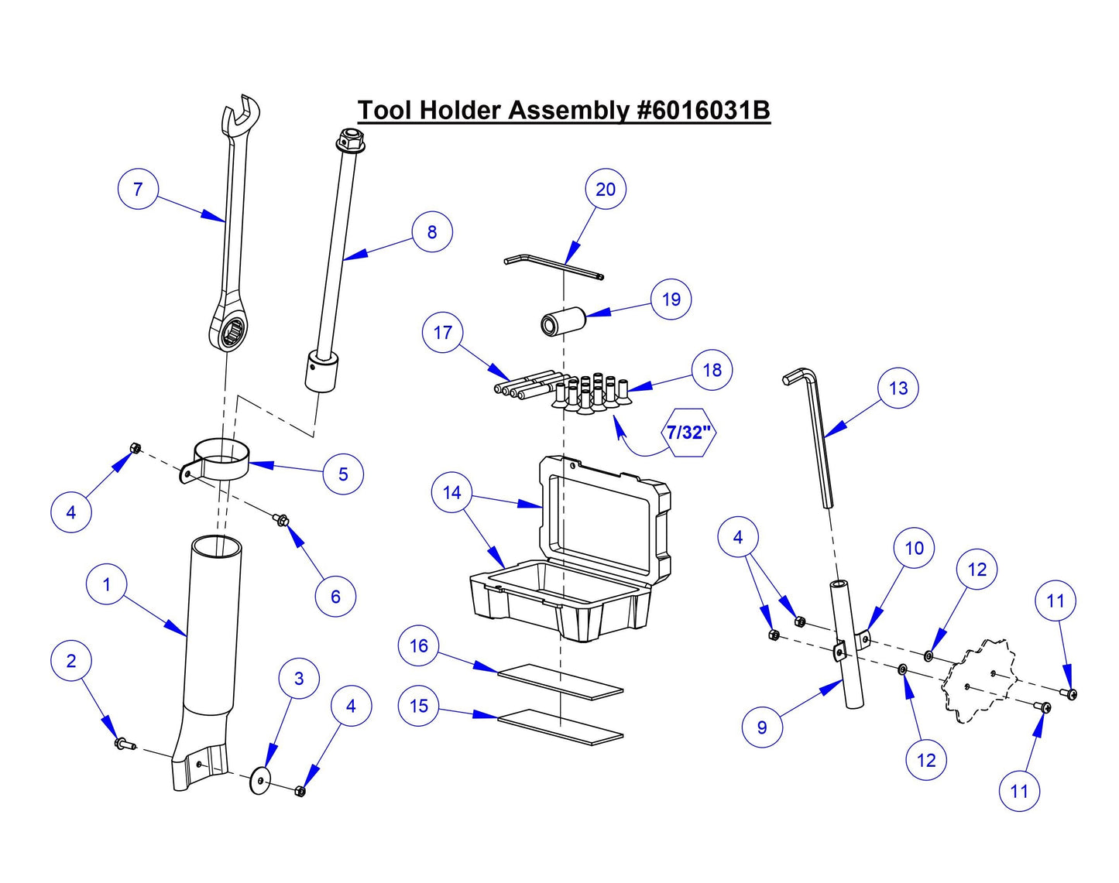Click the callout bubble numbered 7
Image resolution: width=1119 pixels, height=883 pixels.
138,190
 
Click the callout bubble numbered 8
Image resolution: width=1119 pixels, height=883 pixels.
431,232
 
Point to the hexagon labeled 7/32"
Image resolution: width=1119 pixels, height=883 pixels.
688,432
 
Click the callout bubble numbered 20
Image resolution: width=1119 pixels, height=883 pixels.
605,190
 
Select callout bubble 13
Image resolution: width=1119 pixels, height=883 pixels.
898,388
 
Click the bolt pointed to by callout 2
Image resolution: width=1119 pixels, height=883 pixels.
122,744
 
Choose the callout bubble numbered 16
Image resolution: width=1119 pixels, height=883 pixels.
418,646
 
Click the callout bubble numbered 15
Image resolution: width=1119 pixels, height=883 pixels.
418,707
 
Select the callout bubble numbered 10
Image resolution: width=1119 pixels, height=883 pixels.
914,549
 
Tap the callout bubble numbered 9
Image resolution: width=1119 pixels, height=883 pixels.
762,727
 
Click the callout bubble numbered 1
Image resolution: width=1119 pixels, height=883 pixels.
107,585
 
